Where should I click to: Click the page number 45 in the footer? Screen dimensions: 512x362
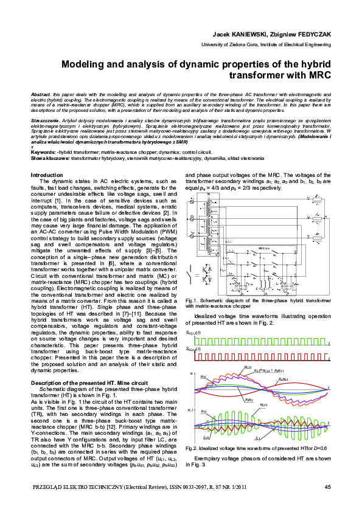click(x=328, y=486)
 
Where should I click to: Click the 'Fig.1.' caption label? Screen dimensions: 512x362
click(x=192, y=300)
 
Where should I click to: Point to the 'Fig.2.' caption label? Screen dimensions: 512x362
click(x=192, y=448)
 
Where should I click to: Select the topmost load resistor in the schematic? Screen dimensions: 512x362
click(x=318, y=199)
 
